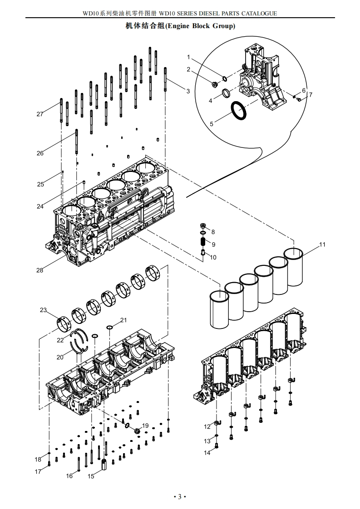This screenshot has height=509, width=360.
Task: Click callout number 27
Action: pos(40,114)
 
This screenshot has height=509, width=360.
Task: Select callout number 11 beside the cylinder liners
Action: pos(322,245)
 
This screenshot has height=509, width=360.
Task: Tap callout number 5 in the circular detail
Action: pos(211,123)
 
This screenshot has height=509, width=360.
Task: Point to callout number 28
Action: pos(40,270)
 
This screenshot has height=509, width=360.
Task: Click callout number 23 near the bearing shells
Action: pos(43,310)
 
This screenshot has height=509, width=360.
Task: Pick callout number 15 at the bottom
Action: pos(91,476)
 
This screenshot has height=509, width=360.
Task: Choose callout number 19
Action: pos(145,426)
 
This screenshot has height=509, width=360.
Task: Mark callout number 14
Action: pos(207,453)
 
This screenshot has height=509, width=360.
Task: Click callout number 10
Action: pos(213,257)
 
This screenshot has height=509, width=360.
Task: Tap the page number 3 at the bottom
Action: pos(179,497)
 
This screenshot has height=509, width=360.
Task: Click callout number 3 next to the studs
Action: pos(188,91)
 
